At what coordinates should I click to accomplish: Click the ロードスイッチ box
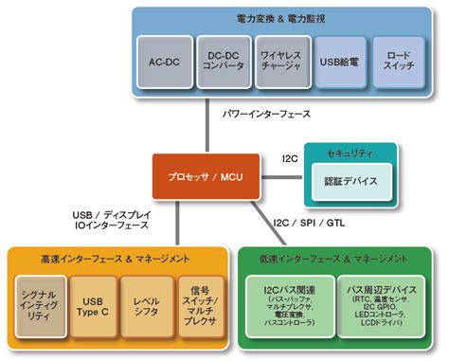point(398,63)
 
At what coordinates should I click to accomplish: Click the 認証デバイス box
point(350,180)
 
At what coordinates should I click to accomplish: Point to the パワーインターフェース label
point(267,113)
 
